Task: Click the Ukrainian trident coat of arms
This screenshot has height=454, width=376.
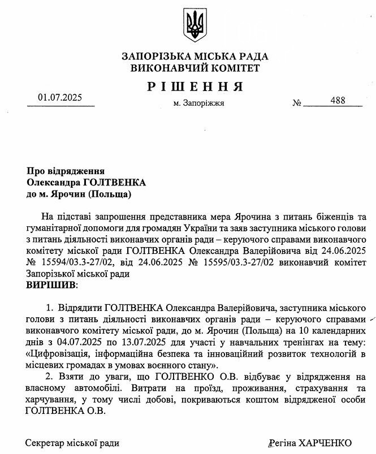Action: click(x=195, y=25)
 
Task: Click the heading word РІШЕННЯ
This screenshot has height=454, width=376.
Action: click(x=195, y=87)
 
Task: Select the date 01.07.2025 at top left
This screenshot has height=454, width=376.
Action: click(x=60, y=98)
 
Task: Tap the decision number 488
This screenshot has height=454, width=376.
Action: click(x=338, y=100)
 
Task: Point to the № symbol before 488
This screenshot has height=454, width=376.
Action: click(x=297, y=103)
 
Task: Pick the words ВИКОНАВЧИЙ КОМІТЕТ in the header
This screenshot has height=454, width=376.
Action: click(x=195, y=68)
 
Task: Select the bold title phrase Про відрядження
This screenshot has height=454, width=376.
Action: click(x=66, y=171)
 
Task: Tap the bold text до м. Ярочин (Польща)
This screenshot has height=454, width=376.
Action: click(x=79, y=194)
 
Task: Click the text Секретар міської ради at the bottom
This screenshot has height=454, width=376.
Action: click(x=72, y=443)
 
